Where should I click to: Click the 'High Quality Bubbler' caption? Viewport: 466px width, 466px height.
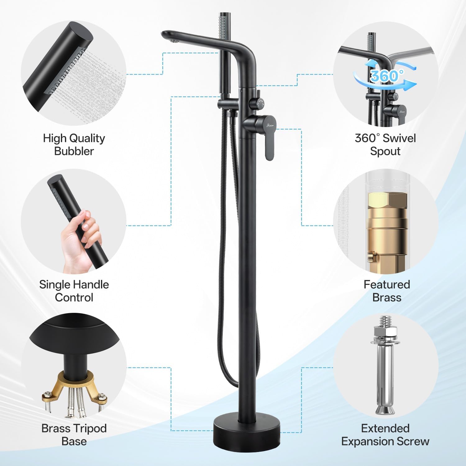click(x=74, y=144)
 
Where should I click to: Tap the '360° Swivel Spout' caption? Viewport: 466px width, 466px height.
click(x=385, y=144)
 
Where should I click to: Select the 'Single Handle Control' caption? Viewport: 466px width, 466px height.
click(x=74, y=291)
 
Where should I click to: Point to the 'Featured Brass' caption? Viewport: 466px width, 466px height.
click(x=387, y=291)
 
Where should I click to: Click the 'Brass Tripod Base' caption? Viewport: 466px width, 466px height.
click(x=74, y=435)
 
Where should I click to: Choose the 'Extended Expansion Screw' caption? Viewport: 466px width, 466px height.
click(x=385, y=435)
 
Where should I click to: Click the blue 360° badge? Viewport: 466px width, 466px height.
click(x=385, y=75)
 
